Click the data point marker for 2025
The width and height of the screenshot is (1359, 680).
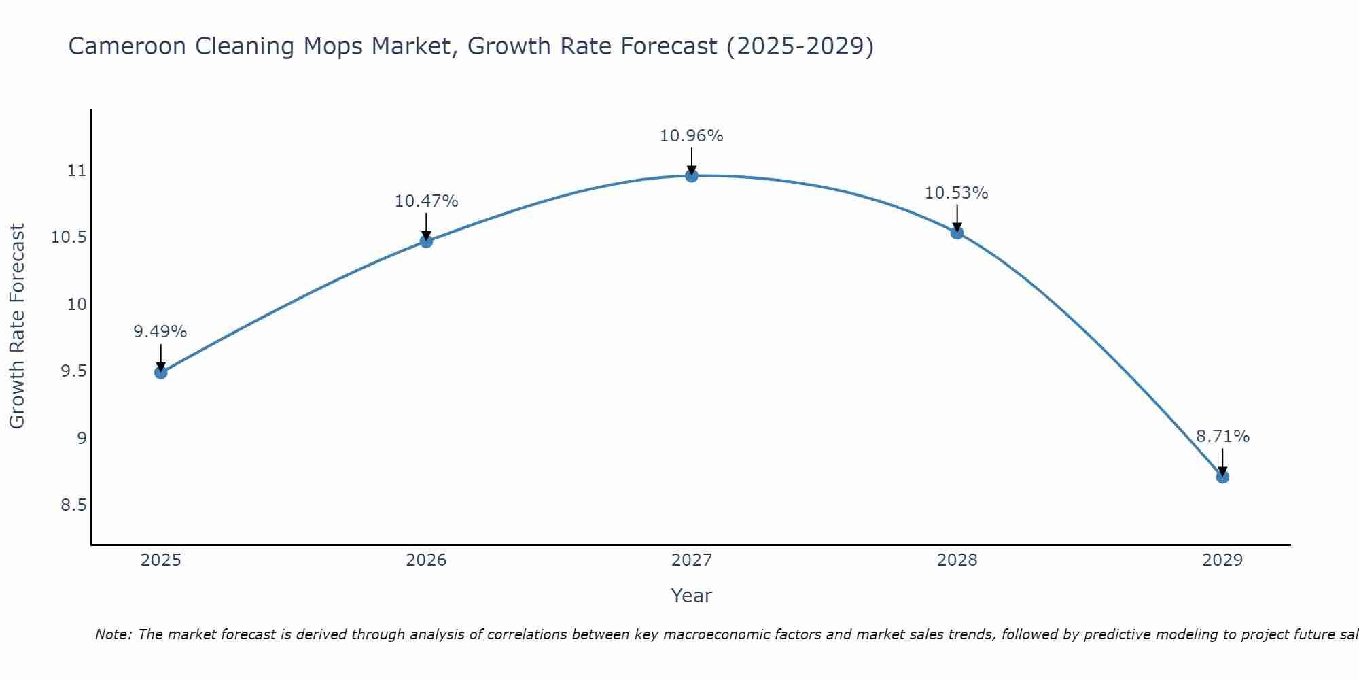tap(161, 372)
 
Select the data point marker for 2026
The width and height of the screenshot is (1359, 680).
tap(426, 241)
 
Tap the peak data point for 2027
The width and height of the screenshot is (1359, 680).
tap(692, 175)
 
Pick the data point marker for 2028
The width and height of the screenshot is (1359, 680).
tap(957, 233)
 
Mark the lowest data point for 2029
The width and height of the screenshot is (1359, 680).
tap(1222, 477)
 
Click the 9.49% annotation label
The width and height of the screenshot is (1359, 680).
tap(160, 332)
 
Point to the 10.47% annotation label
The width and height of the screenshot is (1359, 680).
tap(426, 201)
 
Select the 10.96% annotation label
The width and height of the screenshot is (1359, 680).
tap(692, 136)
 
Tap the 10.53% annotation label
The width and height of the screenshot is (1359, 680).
tap(957, 193)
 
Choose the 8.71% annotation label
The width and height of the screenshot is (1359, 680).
tap(1222, 437)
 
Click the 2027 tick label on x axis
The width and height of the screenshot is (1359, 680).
tap(692, 560)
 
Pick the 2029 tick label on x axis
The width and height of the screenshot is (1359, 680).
tap(1222, 560)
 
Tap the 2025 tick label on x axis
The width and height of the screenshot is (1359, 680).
tap(161, 560)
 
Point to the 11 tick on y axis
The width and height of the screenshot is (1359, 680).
tap(77, 171)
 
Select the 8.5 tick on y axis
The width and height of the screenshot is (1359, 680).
tap(74, 505)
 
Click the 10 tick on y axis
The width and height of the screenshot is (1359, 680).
tap(77, 304)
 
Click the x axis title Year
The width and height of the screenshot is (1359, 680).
tap(692, 596)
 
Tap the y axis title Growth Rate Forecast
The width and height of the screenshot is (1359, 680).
tap(17, 326)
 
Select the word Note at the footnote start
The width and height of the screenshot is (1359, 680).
tap(112, 634)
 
